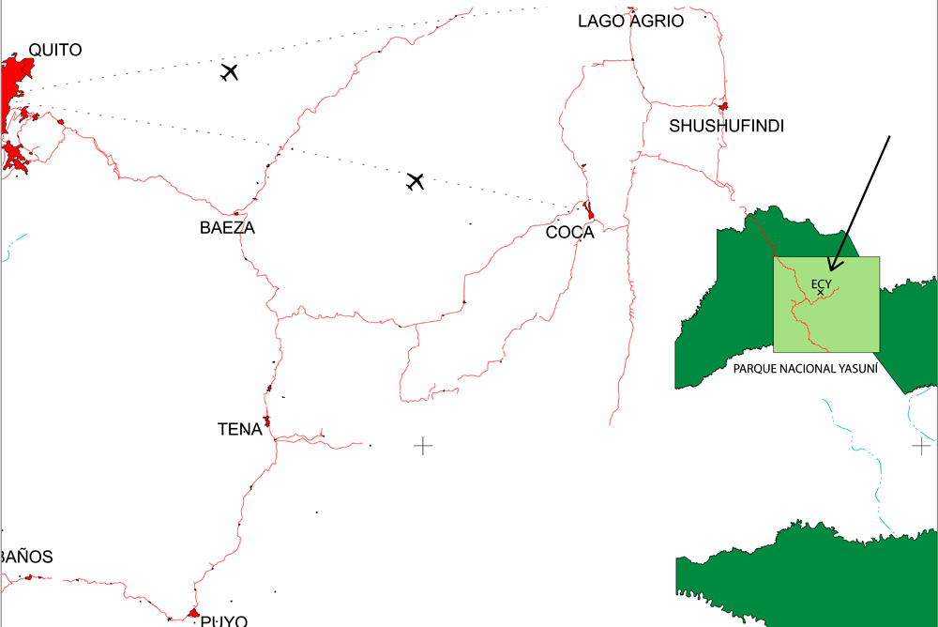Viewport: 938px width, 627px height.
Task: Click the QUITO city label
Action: tap(55, 50)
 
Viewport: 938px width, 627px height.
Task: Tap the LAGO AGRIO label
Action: tap(630, 21)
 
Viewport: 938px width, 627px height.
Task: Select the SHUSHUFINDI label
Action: tap(726, 126)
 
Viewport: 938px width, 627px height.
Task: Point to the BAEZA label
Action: tap(227, 227)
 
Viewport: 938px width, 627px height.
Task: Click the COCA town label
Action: tap(570, 233)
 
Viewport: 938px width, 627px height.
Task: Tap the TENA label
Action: tap(239, 429)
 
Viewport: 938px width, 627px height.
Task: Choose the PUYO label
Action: tap(224, 620)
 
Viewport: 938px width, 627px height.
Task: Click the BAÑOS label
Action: tap(26, 557)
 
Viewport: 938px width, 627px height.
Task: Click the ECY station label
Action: tap(821, 283)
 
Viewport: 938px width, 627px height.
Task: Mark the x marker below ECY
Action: tap(821, 293)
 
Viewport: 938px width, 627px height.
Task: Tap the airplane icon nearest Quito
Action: tap(229, 71)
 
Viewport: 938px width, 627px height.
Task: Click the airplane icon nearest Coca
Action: tap(416, 181)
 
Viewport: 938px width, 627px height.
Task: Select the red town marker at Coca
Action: tap(589, 211)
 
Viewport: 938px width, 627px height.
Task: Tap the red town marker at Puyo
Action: tap(193, 614)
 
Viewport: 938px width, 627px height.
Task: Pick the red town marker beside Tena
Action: tap(267, 421)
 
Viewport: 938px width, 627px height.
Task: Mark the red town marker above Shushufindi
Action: tap(724, 106)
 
